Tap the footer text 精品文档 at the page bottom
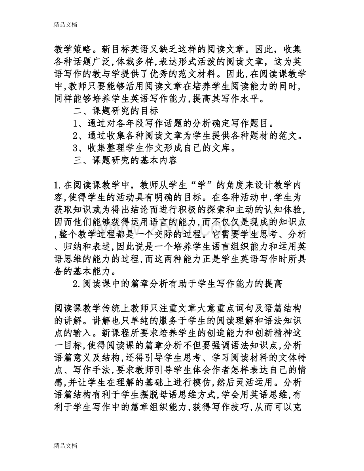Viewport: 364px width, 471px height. click(x=66, y=445)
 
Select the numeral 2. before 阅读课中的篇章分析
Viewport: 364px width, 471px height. click(x=78, y=285)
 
